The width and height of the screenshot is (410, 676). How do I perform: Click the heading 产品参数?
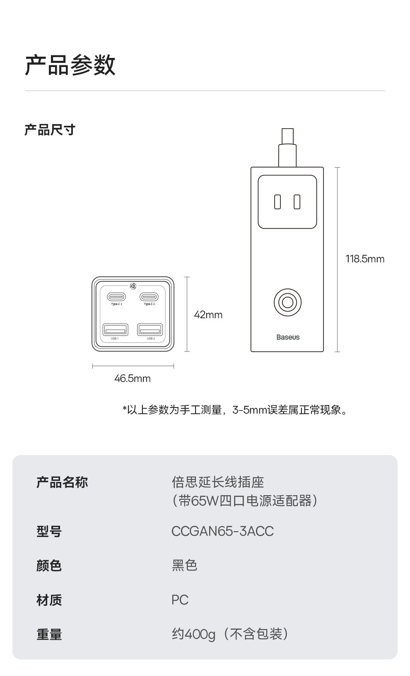coord(70,65)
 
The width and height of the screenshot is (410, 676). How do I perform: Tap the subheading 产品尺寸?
coord(50,130)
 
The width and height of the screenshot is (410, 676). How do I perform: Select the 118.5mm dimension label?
coord(364,259)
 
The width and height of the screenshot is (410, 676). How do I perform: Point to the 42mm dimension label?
coord(208,315)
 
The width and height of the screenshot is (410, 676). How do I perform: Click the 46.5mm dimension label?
coord(132,379)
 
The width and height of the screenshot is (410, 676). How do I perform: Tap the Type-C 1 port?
coord(116,297)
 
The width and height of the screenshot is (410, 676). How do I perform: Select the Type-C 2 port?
coord(149,297)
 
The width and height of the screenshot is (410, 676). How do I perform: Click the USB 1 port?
coord(115,330)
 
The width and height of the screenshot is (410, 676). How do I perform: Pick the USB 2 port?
coord(150,330)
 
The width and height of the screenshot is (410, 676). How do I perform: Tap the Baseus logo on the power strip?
coord(288,337)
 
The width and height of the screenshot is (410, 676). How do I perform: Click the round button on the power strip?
coord(287,302)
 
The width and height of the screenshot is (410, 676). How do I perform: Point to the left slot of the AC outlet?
coord(277,202)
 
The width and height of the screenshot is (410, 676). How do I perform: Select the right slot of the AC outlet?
coord(297,202)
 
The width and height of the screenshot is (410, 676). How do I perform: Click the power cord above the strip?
coord(287,149)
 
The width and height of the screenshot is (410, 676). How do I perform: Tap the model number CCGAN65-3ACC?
coord(222,531)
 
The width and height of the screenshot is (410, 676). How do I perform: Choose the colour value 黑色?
coord(184,566)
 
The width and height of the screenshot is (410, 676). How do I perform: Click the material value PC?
coord(180,600)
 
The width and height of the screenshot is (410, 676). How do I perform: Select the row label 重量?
coord(49,634)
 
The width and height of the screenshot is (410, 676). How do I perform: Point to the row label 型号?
coord(49,531)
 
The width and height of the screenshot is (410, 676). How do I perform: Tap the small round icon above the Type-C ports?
coord(133,286)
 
